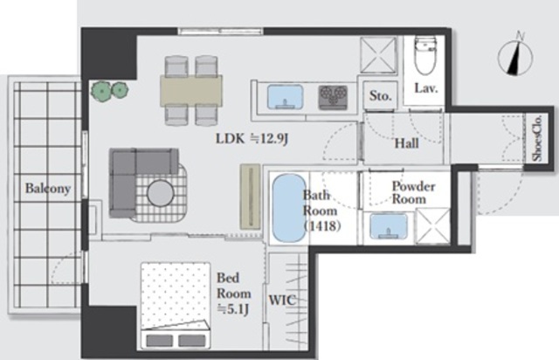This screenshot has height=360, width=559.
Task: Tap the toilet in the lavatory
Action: coord(425,54)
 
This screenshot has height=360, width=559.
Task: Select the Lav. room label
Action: coord(425,88)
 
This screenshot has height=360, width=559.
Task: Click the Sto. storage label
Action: coord(380,95)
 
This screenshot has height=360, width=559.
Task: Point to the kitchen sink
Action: coord(285,96)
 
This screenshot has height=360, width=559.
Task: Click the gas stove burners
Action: coord(333,97)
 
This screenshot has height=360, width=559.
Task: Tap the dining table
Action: coord(191,90)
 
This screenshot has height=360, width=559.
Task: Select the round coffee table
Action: coord(161,193)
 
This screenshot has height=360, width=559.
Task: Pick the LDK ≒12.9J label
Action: coord(252,138)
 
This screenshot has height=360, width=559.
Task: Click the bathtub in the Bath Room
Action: coord(289,208)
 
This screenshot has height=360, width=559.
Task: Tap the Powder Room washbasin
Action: coord(388,226)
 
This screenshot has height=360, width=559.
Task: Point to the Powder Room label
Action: coord(413,192)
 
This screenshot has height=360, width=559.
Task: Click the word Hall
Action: coord(406,143)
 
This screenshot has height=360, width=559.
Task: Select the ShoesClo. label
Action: coord(537,138)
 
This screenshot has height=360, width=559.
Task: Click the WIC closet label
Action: coord(282,300)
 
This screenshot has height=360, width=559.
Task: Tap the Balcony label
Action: coord(48,189)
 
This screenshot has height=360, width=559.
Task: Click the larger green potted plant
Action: coord(102,92)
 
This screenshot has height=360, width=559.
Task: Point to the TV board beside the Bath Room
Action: coord(250,197)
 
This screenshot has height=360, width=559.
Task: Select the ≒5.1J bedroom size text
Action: coord(233,309)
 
